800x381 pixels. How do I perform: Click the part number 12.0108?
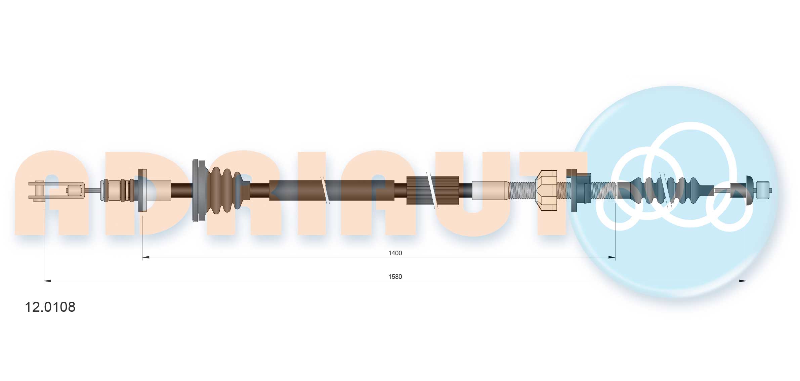[x=50, y=307]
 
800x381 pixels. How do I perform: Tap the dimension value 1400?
[x=395, y=253]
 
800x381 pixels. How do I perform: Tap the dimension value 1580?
[x=395, y=277]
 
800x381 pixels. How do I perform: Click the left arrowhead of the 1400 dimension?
[x=145, y=258]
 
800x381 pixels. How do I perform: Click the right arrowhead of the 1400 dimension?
[x=612, y=258]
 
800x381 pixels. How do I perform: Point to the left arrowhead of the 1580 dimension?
[x=47, y=281]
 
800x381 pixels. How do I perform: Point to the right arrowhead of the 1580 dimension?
[x=743, y=281]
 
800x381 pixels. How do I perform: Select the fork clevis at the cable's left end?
[x=55, y=191]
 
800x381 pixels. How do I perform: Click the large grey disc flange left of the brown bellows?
[x=198, y=190]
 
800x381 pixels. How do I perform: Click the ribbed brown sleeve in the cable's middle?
[x=433, y=190]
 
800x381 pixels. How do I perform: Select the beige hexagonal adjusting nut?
[x=546, y=190]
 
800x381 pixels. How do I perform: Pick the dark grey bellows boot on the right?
[x=665, y=190]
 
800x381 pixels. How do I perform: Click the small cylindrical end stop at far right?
[x=764, y=190]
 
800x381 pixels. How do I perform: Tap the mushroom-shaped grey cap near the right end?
[x=749, y=190]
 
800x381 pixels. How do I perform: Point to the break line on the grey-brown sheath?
[x=325, y=190]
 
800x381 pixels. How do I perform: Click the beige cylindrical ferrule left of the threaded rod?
[x=490, y=190]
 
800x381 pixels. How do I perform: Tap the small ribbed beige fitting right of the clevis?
[x=117, y=190]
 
